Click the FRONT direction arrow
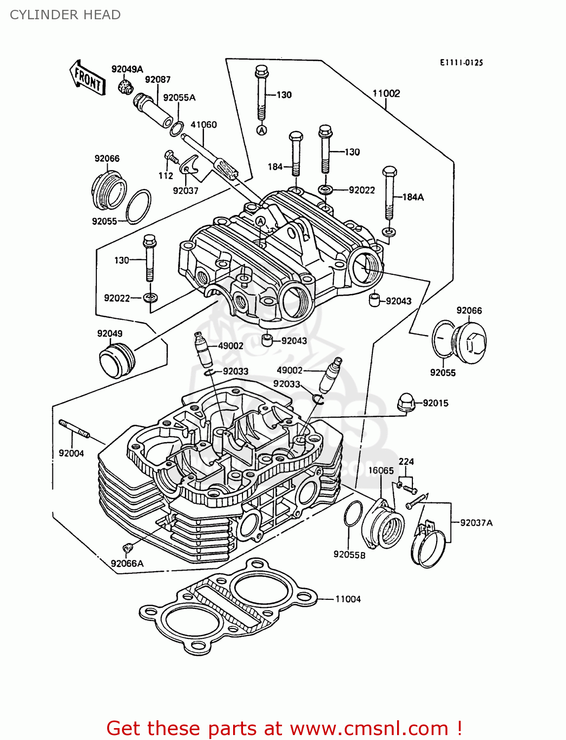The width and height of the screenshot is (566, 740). click(87, 78)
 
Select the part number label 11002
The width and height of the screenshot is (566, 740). click(386, 93)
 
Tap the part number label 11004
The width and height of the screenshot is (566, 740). click(348, 599)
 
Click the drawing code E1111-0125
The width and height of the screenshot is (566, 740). click(461, 63)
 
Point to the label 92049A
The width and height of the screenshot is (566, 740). click(127, 69)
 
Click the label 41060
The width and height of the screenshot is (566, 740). click(203, 124)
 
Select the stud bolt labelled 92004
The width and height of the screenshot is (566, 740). click(74, 428)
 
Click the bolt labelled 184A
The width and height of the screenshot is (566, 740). click(389, 192)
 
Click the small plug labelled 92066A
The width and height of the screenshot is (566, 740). click(127, 548)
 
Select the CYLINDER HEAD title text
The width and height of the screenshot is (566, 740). click(65, 15)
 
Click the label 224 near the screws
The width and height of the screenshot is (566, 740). click(406, 461)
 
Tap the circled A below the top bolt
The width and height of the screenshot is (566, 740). click(262, 130)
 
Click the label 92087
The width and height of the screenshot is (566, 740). click(158, 79)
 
